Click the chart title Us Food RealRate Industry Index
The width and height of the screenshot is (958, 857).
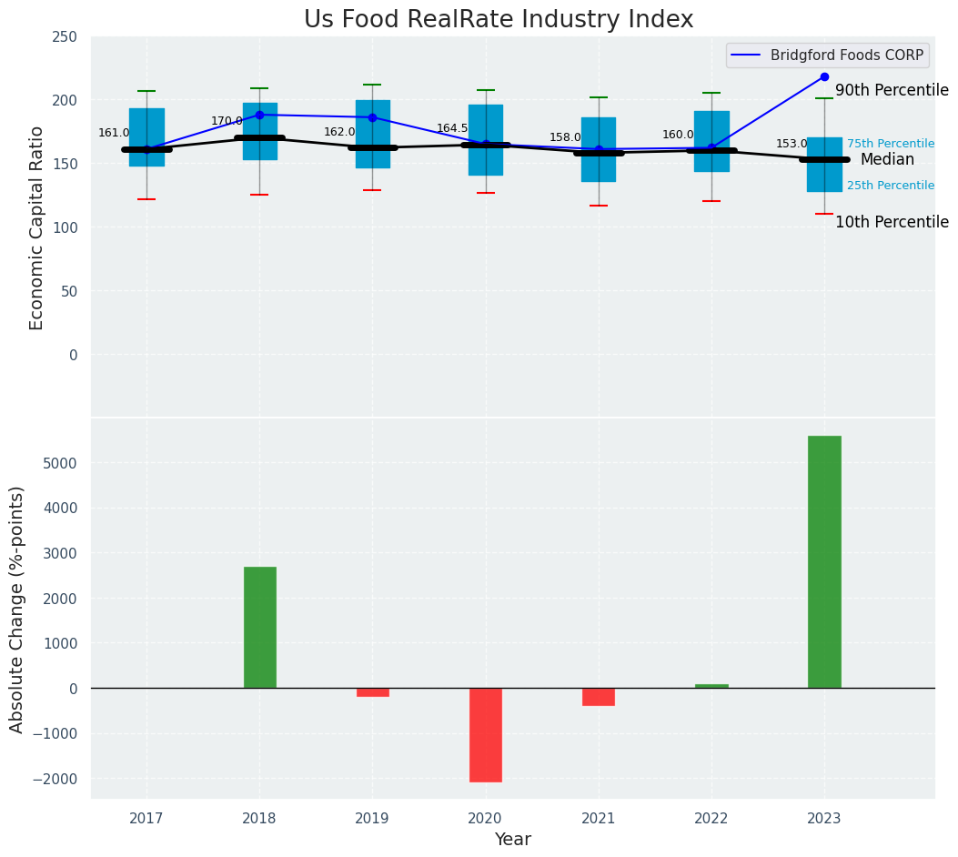(x=499, y=20)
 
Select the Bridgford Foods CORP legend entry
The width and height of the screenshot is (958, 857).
(x=846, y=55)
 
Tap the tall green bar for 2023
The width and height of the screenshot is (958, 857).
(x=824, y=561)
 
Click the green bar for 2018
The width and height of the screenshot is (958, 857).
(x=259, y=627)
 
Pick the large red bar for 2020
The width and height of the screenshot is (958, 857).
(x=486, y=734)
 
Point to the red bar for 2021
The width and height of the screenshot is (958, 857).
(x=599, y=697)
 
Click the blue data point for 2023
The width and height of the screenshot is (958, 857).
(x=824, y=76)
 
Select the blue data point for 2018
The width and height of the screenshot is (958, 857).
(x=259, y=115)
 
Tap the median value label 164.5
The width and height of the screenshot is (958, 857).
(x=452, y=129)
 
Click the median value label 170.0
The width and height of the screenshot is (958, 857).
(x=227, y=121)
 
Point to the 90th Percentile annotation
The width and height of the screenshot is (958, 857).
(x=892, y=91)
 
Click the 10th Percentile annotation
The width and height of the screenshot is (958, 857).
(x=892, y=223)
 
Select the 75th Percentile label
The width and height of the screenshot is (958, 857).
(x=891, y=144)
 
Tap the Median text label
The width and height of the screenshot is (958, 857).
(x=887, y=160)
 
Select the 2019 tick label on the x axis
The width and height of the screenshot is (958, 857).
(x=372, y=819)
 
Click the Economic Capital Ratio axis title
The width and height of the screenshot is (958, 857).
(x=37, y=227)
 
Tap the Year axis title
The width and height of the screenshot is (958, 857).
(x=512, y=840)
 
